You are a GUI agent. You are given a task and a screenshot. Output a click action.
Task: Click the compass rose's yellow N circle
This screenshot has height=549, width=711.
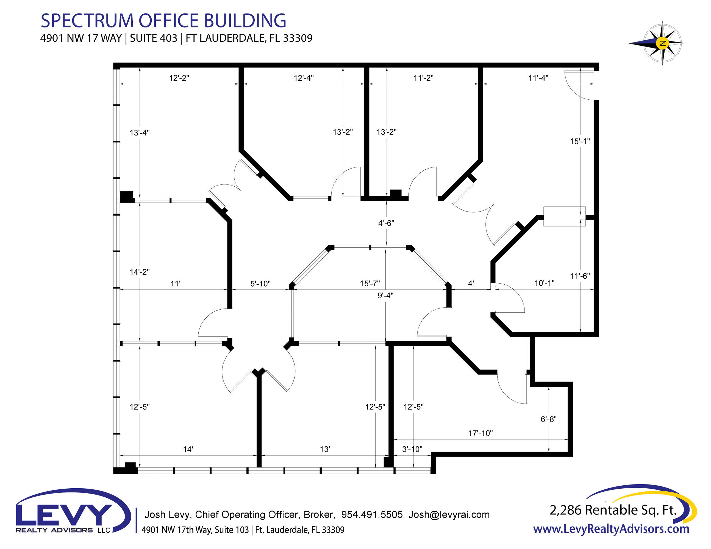(x=662, y=43)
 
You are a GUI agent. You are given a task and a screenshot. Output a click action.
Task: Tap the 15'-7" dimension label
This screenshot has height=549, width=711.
(x=370, y=283)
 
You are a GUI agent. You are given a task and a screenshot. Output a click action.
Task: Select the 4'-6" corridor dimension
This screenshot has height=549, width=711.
(x=386, y=223)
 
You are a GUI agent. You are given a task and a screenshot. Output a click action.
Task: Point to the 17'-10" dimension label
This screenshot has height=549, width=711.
(x=481, y=433)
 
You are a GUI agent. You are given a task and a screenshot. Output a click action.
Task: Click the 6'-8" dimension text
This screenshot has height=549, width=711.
(x=549, y=419)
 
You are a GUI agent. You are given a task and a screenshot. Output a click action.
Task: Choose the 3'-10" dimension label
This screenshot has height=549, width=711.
(x=412, y=449)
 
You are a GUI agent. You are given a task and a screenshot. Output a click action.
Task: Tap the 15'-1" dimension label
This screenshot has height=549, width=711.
(x=580, y=141)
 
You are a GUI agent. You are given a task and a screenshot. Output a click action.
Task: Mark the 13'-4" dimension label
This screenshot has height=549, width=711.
(x=140, y=133)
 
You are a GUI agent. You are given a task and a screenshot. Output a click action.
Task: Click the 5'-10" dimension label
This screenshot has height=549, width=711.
(x=260, y=284)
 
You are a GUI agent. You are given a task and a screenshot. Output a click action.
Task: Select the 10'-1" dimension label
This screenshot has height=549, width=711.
(x=544, y=283)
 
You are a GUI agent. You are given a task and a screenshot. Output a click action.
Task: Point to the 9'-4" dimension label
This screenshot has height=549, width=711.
(x=385, y=295)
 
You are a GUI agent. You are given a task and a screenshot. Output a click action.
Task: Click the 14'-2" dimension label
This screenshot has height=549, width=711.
(x=140, y=272)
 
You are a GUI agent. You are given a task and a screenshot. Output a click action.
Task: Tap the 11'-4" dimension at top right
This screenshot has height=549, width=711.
(x=538, y=78)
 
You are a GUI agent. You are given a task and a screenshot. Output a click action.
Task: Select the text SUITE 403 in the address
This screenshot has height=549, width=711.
(x=154, y=38)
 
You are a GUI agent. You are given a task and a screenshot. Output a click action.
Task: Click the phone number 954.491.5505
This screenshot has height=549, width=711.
(x=372, y=514)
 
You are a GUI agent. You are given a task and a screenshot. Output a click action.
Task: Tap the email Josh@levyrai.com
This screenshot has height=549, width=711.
(x=449, y=514)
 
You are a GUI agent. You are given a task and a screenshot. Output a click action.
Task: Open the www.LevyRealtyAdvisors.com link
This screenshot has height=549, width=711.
(x=611, y=529)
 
